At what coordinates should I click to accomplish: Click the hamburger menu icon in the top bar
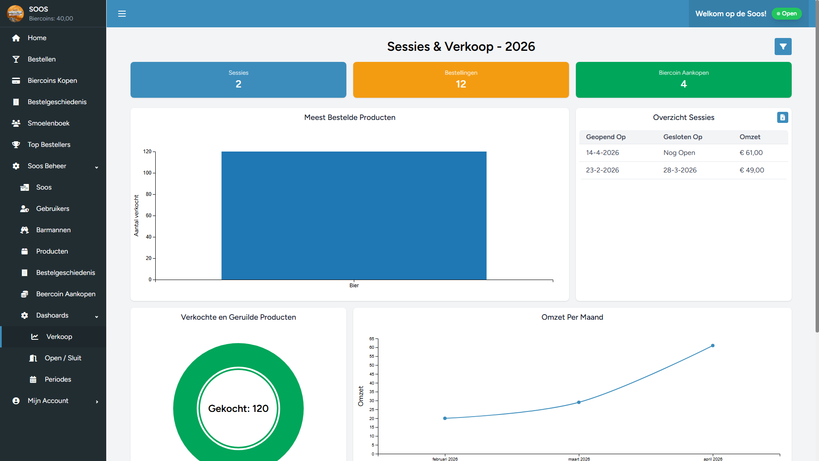pyautogui.click(x=122, y=14)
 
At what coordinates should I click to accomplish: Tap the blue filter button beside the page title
pyautogui.click(x=783, y=47)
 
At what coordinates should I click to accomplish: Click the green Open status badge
pyautogui.click(x=787, y=14)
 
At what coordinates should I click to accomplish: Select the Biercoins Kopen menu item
pyautogui.click(x=52, y=81)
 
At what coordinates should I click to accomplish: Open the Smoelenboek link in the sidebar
pyautogui.click(x=48, y=123)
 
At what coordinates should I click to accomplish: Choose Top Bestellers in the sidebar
pyautogui.click(x=49, y=145)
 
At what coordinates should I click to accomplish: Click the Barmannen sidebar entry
pyautogui.click(x=53, y=230)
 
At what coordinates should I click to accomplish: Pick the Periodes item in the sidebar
pyautogui.click(x=58, y=379)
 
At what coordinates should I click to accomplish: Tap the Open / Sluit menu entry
pyautogui.click(x=63, y=358)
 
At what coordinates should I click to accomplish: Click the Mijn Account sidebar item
pyautogui.click(x=48, y=401)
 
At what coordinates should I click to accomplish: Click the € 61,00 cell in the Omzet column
pyautogui.click(x=751, y=153)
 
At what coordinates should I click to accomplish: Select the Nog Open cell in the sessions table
pyautogui.click(x=679, y=153)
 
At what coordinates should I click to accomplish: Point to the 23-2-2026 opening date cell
pyautogui.click(x=602, y=170)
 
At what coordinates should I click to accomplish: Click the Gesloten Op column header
pyautogui.click(x=682, y=137)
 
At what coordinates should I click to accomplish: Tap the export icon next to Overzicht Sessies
pyautogui.click(x=782, y=117)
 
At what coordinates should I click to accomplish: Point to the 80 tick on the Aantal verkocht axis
pyautogui.click(x=148, y=194)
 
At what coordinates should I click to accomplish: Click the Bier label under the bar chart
pyautogui.click(x=354, y=286)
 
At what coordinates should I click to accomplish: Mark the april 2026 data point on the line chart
pyautogui.click(x=713, y=346)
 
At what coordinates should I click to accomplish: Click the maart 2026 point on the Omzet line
pyautogui.click(x=579, y=403)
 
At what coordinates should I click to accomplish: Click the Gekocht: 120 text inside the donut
pyautogui.click(x=238, y=408)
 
